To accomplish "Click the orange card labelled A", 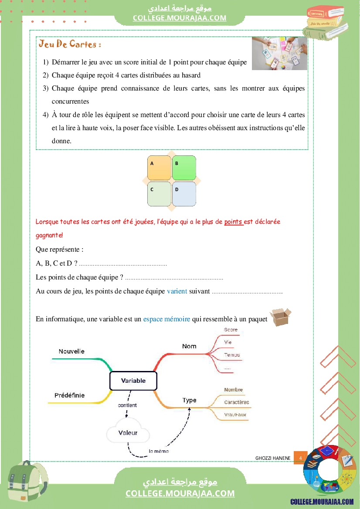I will pyautogui.click(x=159, y=168).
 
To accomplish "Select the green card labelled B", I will pyautogui.click(x=184, y=168).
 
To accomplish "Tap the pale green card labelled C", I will pyautogui.click(x=159, y=194).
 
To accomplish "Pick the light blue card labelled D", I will pyautogui.click(x=184, y=194).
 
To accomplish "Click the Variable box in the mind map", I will pyautogui.click(x=133, y=381).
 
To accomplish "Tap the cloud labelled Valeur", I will pyautogui.click(x=128, y=432).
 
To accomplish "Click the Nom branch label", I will pyautogui.click(x=189, y=346).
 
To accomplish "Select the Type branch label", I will pyautogui.click(x=189, y=400).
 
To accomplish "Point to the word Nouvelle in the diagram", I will pyautogui.click(x=71, y=351).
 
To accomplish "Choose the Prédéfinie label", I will pyautogui.click(x=69, y=395).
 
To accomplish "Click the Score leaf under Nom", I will pyautogui.click(x=231, y=330).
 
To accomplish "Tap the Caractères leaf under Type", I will pyautogui.click(x=237, y=402).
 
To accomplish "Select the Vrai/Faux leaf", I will pyautogui.click(x=235, y=415).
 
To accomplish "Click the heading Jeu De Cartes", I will pyautogui.click(x=70, y=44).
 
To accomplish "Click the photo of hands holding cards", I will pyautogui.click(x=279, y=53).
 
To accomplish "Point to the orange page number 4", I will pyautogui.click(x=300, y=458).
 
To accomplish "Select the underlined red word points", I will pyautogui.click(x=234, y=222).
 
